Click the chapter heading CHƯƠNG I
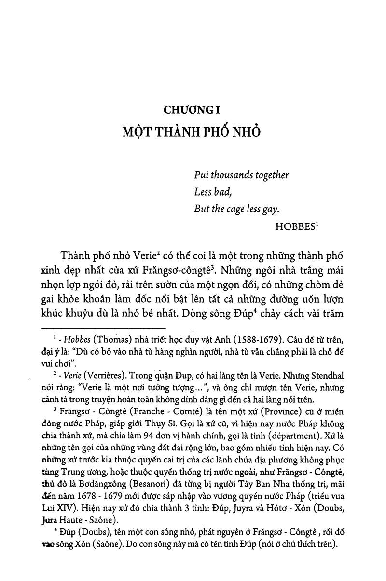pyautogui.click(x=192, y=110)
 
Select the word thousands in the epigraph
pyautogui.click(x=228, y=175)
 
